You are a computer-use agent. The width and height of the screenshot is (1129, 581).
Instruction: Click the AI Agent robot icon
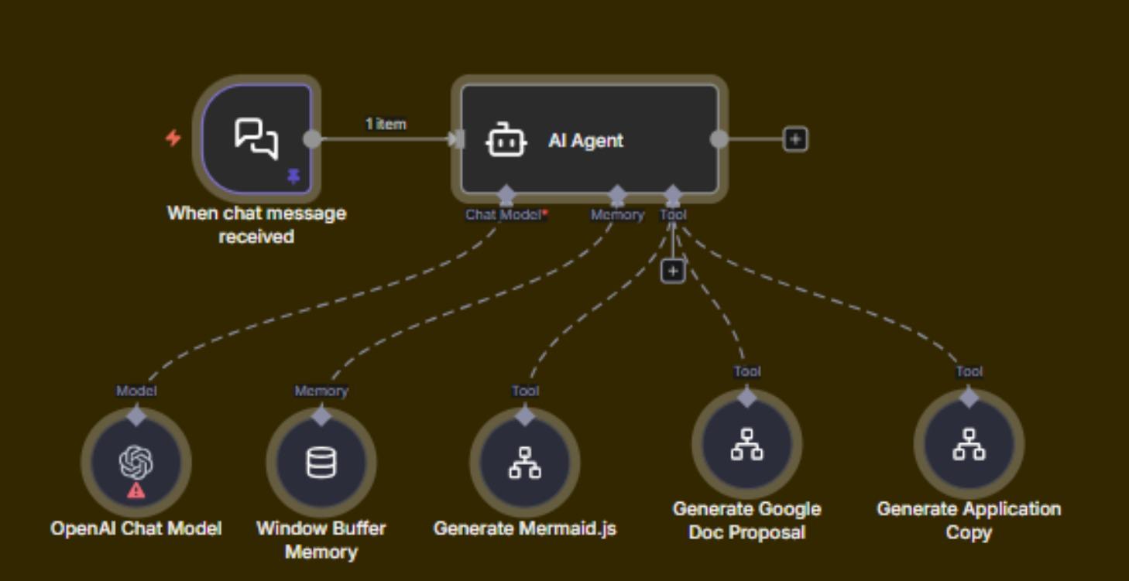[x=506, y=141]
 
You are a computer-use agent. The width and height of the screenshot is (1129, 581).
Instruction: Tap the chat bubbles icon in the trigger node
[x=256, y=138]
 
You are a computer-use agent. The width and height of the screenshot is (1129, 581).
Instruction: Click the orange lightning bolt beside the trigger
[x=173, y=138]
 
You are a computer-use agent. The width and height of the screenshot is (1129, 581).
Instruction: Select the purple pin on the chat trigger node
[x=293, y=177]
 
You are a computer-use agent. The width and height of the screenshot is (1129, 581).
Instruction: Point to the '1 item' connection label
[x=386, y=124]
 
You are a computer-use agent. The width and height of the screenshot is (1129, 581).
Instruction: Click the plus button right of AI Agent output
[x=796, y=139]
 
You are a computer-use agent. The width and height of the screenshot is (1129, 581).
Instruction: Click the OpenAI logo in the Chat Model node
[x=136, y=462]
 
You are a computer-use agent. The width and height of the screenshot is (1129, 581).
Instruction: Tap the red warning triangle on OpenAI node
[x=136, y=490]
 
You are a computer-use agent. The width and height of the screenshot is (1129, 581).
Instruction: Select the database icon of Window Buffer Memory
[x=321, y=463]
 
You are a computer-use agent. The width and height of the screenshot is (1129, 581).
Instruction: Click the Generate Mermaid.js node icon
[x=525, y=463]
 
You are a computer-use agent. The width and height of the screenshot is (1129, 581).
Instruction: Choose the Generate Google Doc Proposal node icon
[x=746, y=444]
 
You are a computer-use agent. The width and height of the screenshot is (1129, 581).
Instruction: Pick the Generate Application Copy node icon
[x=969, y=444]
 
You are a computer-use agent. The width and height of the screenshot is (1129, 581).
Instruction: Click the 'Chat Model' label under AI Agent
[x=505, y=215]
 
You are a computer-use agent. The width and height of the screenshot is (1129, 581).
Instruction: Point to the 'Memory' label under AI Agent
[x=617, y=215]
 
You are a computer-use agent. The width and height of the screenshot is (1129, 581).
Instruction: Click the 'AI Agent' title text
[x=585, y=141]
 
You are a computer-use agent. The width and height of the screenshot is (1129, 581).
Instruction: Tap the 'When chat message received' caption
[x=256, y=224]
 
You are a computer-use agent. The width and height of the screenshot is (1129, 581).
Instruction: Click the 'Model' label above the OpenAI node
[x=136, y=391]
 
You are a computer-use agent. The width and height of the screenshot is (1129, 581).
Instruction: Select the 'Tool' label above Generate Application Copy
[x=969, y=371]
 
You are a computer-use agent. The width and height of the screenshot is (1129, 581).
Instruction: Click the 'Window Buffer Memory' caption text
[x=321, y=540]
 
